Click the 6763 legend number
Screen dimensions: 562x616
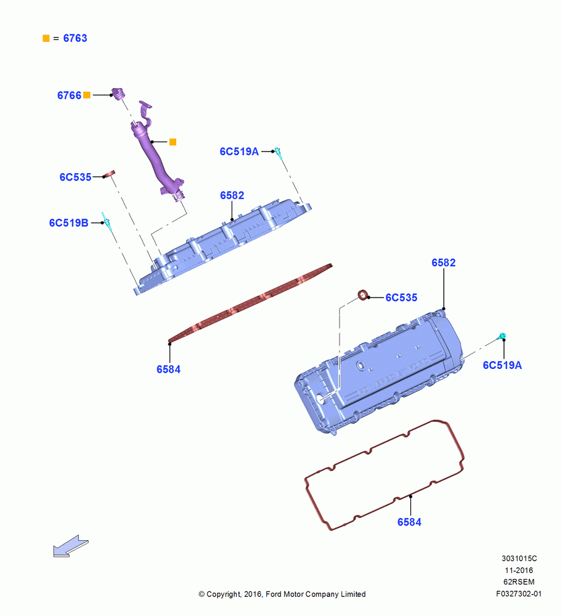click(x=75, y=38)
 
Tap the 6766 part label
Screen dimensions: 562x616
click(x=69, y=95)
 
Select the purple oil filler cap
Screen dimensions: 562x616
click(x=118, y=94)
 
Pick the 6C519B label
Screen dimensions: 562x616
click(x=69, y=223)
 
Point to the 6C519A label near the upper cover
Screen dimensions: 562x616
click(x=239, y=152)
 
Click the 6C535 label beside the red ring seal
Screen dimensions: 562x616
click(x=401, y=298)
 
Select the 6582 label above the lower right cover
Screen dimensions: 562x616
click(x=443, y=262)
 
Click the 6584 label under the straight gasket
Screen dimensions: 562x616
click(x=168, y=369)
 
